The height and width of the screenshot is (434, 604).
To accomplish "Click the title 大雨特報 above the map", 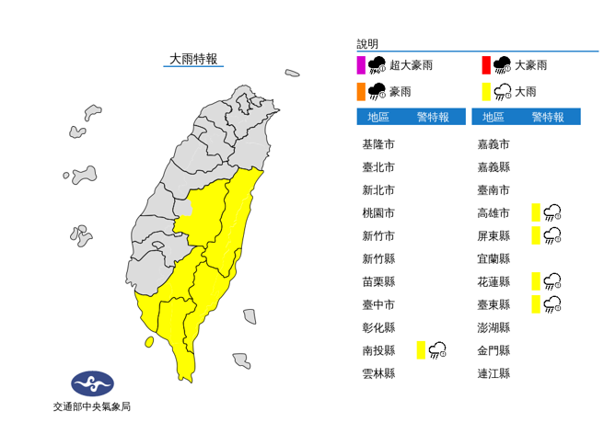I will tap(192, 59).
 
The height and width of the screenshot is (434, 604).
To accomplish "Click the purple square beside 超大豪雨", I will tap(361, 65).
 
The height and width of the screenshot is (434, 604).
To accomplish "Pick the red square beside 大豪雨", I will tap(485, 65).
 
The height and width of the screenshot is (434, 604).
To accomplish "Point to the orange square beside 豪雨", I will tap(361, 91).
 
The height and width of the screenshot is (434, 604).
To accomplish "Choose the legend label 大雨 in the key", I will tap(526, 91).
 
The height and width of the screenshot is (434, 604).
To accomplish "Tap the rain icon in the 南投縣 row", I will tap(437, 349).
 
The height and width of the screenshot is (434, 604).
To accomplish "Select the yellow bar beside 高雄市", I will tap(535, 212).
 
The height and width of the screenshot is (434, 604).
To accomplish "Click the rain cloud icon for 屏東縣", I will tap(552, 235).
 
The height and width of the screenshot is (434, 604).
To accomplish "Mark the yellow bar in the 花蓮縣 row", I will tap(535, 280).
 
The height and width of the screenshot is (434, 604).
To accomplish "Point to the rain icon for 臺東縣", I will tap(552, 303).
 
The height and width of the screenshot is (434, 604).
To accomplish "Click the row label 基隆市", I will tap(378, 144).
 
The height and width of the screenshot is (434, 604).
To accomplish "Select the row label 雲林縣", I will tap(378, 372).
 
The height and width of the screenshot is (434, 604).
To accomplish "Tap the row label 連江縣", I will tap(494, 372).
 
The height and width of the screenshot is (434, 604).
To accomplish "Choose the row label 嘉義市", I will tap(494, 144).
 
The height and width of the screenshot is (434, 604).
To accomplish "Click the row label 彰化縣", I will tap(378, 326).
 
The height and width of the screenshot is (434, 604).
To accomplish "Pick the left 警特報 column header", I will tap(433, 117).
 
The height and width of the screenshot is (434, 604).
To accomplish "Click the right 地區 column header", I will tap(494, 117).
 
